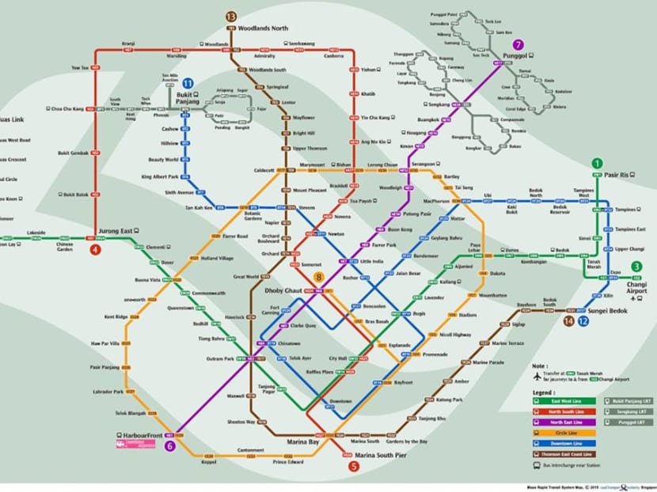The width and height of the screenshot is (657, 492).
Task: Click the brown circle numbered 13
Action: (x=231, y=17)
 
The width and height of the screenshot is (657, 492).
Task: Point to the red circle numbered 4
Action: (x=95, y=250)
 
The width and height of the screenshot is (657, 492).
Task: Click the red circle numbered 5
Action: (x=353, y=467)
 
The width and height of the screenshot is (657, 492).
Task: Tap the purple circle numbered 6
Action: (x=169, y=446)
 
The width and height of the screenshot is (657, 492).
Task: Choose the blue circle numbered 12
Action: (x=583, y=321)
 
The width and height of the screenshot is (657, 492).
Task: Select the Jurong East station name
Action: (x=115, y=231)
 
